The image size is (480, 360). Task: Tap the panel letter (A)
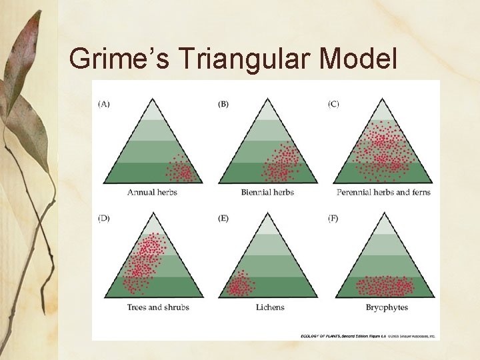click(105, 104)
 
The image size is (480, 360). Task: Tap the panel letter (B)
click(223, 104)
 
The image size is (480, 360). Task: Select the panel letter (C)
click(333, 104)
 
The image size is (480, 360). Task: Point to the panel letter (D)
click(105, 219)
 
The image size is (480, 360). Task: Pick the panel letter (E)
click(223, 219)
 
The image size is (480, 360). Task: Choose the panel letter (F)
click(333, 219)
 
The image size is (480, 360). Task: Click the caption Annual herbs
click(152, 193)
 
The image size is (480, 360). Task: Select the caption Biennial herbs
click(268, 193)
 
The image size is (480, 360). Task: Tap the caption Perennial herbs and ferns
click(383, 193)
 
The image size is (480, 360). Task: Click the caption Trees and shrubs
click(158, 307)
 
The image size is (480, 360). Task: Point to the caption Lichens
click(270, 307)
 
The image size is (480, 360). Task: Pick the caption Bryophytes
click(387, 307)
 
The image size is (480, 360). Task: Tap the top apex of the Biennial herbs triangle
click(268, 99)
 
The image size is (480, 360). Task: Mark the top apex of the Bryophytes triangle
click(385, 213)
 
